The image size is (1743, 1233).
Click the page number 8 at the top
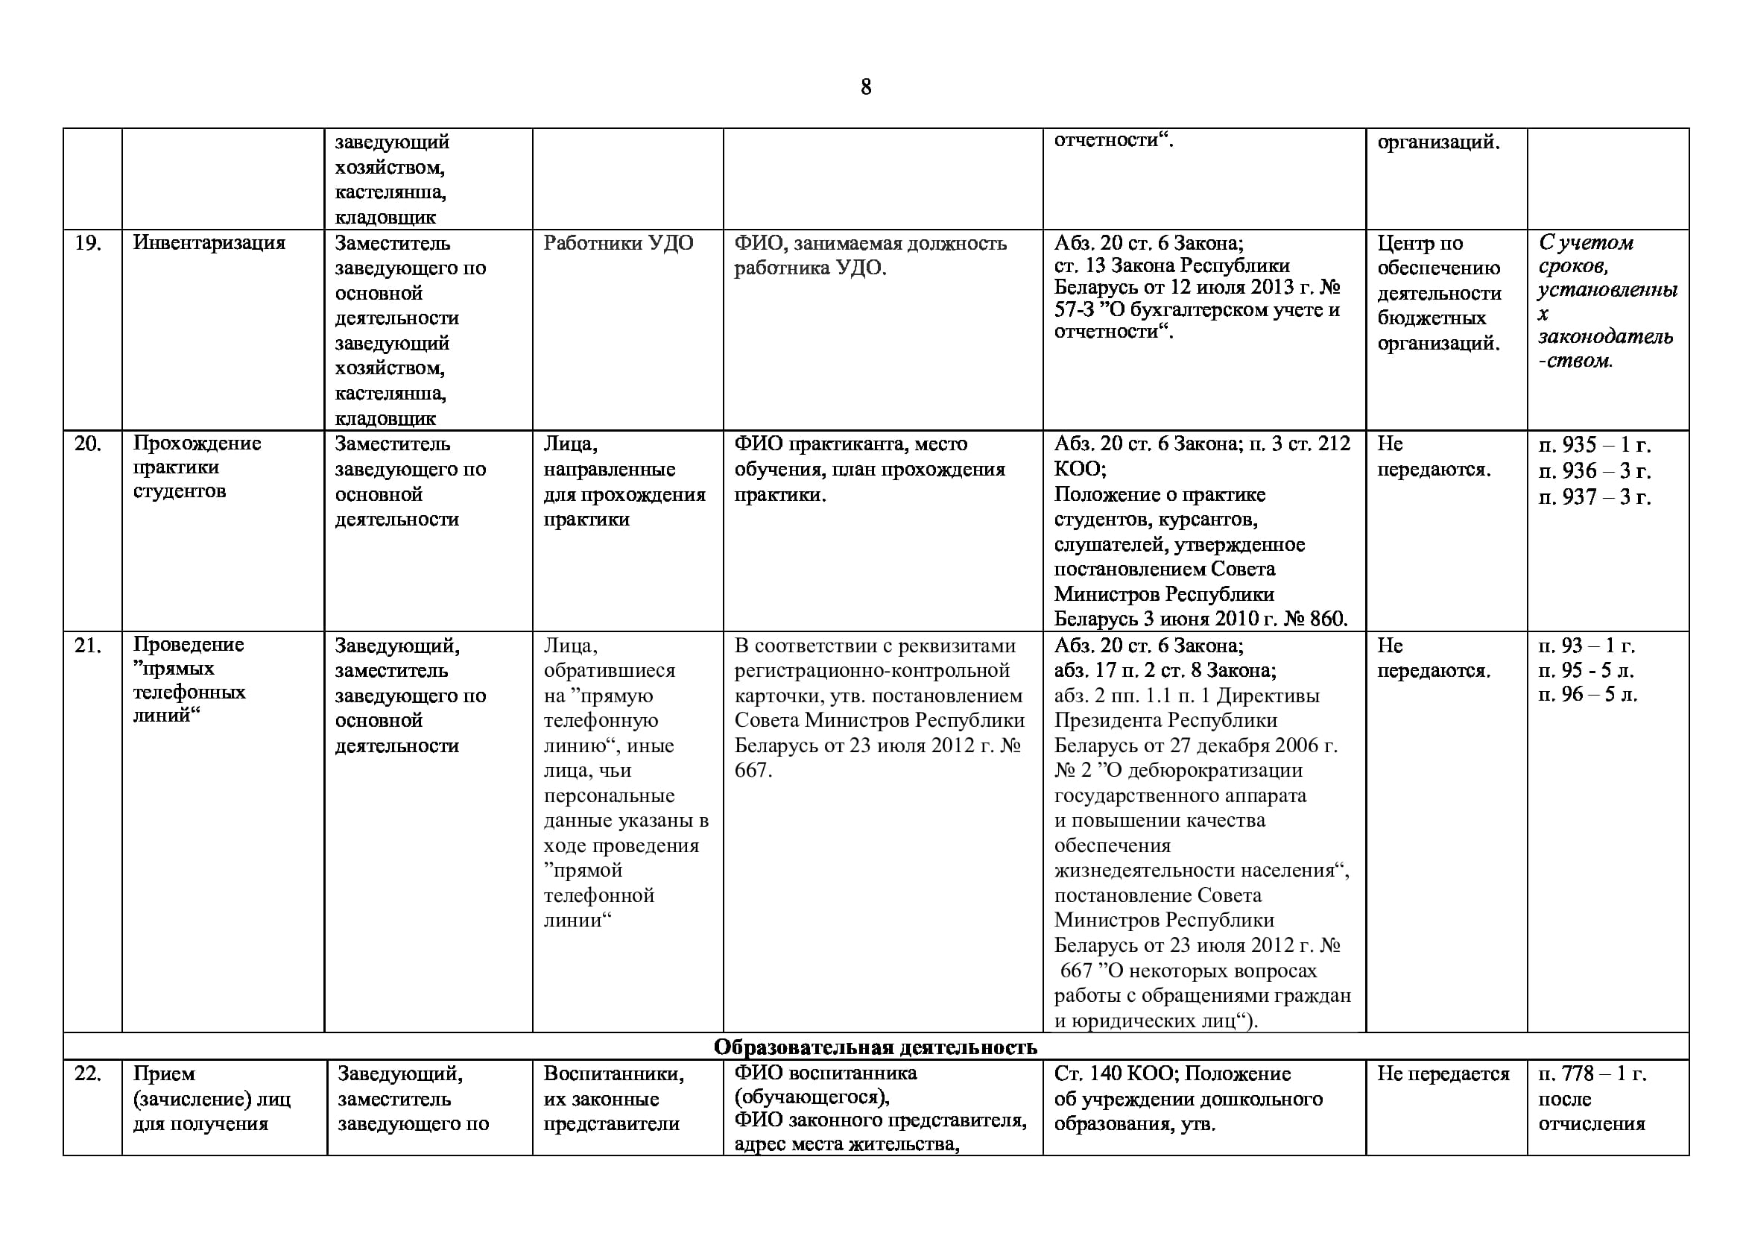(865, 87)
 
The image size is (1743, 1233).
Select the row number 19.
(88, 243)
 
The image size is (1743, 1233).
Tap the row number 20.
(88, 444)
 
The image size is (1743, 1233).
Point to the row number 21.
(88, 646)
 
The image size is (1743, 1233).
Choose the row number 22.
(88, 1073)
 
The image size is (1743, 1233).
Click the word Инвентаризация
(209, 243)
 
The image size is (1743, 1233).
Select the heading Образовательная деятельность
(875, 1047)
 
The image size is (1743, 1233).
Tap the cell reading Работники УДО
(618, 243)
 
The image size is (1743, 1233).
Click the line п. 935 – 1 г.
(1594, 445)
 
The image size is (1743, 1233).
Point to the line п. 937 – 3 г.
(1594, 496)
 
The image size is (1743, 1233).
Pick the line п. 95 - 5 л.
(1586, 670)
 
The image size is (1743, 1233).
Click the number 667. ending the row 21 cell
(753, 771)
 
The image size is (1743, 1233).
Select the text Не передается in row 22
(1443, 1073)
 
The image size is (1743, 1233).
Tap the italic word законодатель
(1606, 337)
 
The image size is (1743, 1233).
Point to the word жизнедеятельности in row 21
(1193, 870)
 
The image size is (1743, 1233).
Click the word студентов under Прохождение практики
(179, 491)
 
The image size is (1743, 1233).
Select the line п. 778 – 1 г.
(1592, 1073)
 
